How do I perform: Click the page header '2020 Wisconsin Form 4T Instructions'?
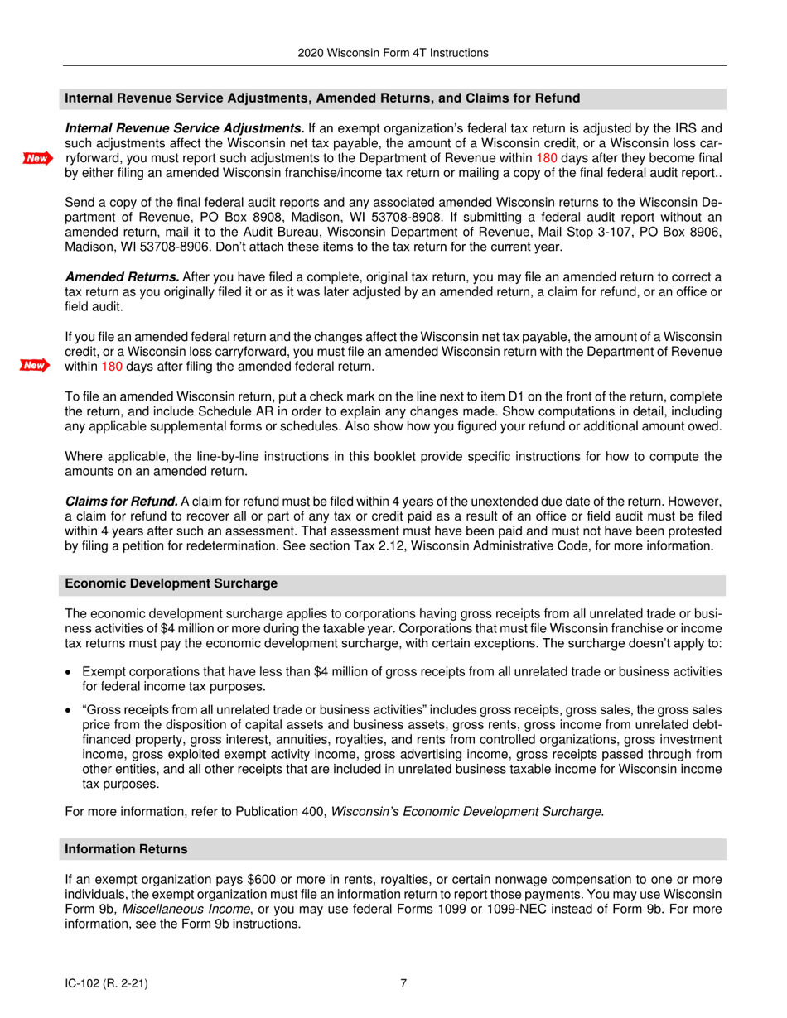point(393,53)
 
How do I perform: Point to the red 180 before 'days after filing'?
point(112,366)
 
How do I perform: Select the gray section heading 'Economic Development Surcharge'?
point(171,583)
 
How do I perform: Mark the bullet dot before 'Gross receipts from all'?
point(70,711)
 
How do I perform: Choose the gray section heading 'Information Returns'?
point(126,850)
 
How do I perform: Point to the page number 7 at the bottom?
point(403,983)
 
